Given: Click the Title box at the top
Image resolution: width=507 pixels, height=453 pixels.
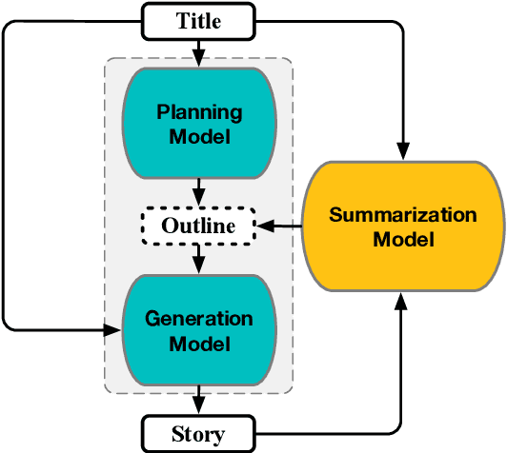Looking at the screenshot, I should pyautogui.click(x=198, y=20).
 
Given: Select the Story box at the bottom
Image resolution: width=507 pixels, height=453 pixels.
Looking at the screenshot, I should pyautogui.click(x=198, y=433).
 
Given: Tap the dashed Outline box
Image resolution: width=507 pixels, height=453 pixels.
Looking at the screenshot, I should pyautogui.click(x=198, y=226).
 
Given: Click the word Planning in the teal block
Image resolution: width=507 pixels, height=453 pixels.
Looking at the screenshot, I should pyautogui.click(x=198, y=112).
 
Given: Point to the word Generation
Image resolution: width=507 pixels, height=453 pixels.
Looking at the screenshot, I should pyautogui.click(x=198, y=319).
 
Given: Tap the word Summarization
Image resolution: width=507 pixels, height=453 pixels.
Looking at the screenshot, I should pyautogui.click(x=403, y=215).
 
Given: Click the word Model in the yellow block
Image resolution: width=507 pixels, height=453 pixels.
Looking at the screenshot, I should pyautogui.click(x=403, y=239).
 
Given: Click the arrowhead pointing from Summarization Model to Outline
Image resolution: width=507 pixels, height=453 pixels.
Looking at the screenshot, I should pyautogui.click(x=268, y=226).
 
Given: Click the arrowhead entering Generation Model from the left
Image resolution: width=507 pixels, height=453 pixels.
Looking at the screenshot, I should pyautogui.click(x=116, y=330).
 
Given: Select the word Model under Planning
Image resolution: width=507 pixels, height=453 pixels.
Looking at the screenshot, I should pyautogui.click(x=198, y=136).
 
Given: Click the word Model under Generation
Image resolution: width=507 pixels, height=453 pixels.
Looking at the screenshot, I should pyautogui.click(x=198, y=343).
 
